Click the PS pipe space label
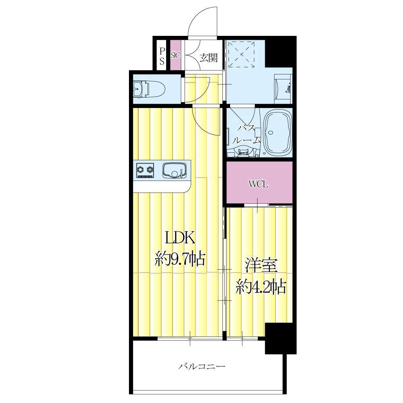162,56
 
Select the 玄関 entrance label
209,58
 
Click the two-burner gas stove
145,170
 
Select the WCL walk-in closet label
258,185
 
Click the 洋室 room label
261,267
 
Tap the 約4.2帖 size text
261,287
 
